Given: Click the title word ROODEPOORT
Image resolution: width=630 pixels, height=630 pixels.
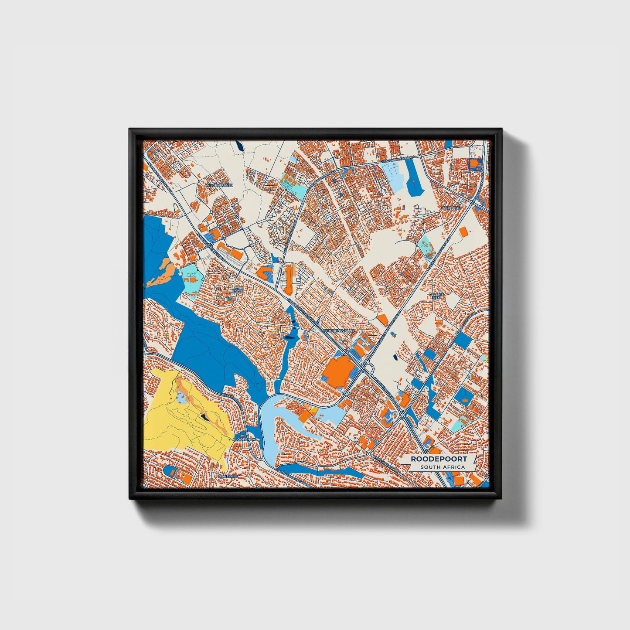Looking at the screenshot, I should pos(439,459).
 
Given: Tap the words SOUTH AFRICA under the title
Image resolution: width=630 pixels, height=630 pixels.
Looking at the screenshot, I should pos(443,467).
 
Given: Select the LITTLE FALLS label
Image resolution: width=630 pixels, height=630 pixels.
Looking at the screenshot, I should pos(238,290).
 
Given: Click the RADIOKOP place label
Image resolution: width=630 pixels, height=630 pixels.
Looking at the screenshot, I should pos(450,208).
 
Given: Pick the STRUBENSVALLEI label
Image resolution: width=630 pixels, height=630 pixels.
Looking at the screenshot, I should pos(341,331).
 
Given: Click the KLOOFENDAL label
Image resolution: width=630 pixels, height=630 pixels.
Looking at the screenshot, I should pos(246,439).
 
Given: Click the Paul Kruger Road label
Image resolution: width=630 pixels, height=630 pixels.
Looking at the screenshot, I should pos(397,160).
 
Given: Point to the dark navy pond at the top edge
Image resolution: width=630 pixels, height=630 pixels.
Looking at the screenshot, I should pos(239,146).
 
